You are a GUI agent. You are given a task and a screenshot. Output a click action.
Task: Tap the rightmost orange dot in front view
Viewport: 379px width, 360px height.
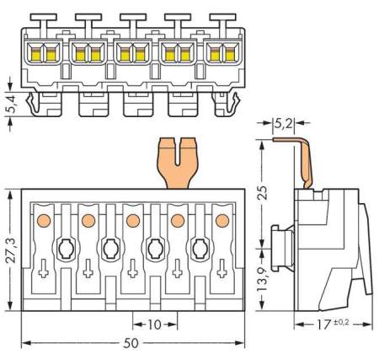[x=222, y=221]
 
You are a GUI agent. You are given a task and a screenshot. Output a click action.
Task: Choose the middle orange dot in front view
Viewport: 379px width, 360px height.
[x=132, y=221]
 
